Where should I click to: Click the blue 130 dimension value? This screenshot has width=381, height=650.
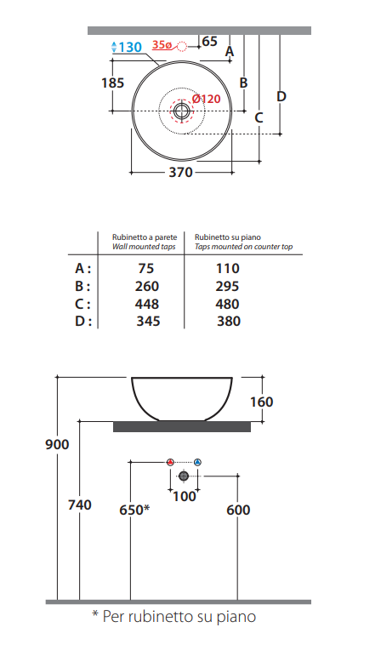point(130,48)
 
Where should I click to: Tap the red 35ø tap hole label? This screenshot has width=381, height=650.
point(162,45)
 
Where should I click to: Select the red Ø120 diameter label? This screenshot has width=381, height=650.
point(207,99)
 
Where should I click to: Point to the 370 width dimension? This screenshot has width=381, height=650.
point(181,172)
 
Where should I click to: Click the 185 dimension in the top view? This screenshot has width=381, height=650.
point(113,83)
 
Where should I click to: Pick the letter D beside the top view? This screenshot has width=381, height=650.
point(281,97)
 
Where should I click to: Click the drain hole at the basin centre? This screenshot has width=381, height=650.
point(181,111)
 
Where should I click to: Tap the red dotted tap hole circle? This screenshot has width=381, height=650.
point(182,46)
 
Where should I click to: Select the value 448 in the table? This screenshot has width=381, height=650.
point(147,304)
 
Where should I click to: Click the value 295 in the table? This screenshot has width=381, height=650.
point(227,287)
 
